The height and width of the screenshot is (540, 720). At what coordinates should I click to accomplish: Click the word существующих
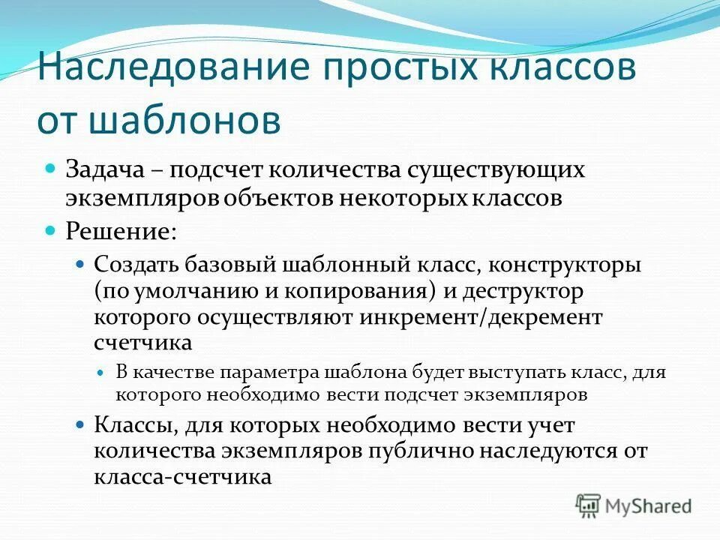coord(496,169)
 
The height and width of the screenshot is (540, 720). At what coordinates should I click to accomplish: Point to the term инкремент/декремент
coord(481,316)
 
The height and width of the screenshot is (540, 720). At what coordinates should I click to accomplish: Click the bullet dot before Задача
coord(52,168)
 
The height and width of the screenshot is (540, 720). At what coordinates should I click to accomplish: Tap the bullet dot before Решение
coord(52,229)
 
